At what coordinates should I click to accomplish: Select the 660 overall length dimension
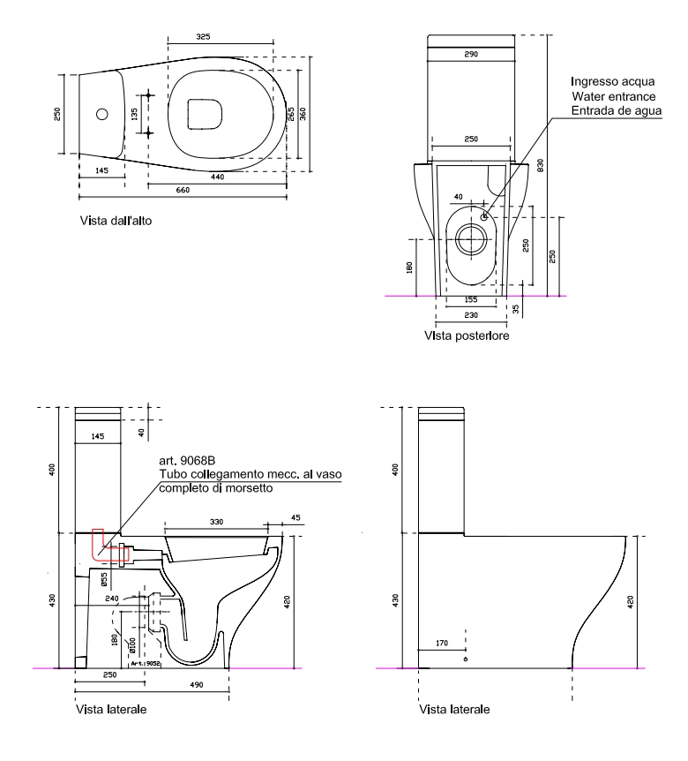pos(183,190)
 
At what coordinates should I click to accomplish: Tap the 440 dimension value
pos(217,177)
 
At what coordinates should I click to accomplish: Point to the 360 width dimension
pos(303,115)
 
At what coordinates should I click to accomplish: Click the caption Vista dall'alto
pos(115,221)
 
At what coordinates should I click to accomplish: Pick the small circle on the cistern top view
pos(102,114)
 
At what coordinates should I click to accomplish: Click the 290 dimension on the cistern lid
pos(471,55)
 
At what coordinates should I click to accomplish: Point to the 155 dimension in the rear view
pos(471,299)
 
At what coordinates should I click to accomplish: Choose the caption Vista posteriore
pos(465,335)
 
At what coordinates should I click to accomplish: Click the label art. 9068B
pos(186,462)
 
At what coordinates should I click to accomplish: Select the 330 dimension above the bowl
pos(215,524)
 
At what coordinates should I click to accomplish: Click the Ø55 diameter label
pos(104,580)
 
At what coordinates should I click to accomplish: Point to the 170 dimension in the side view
pos(445,644)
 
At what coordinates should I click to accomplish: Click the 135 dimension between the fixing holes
pos(135,114)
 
